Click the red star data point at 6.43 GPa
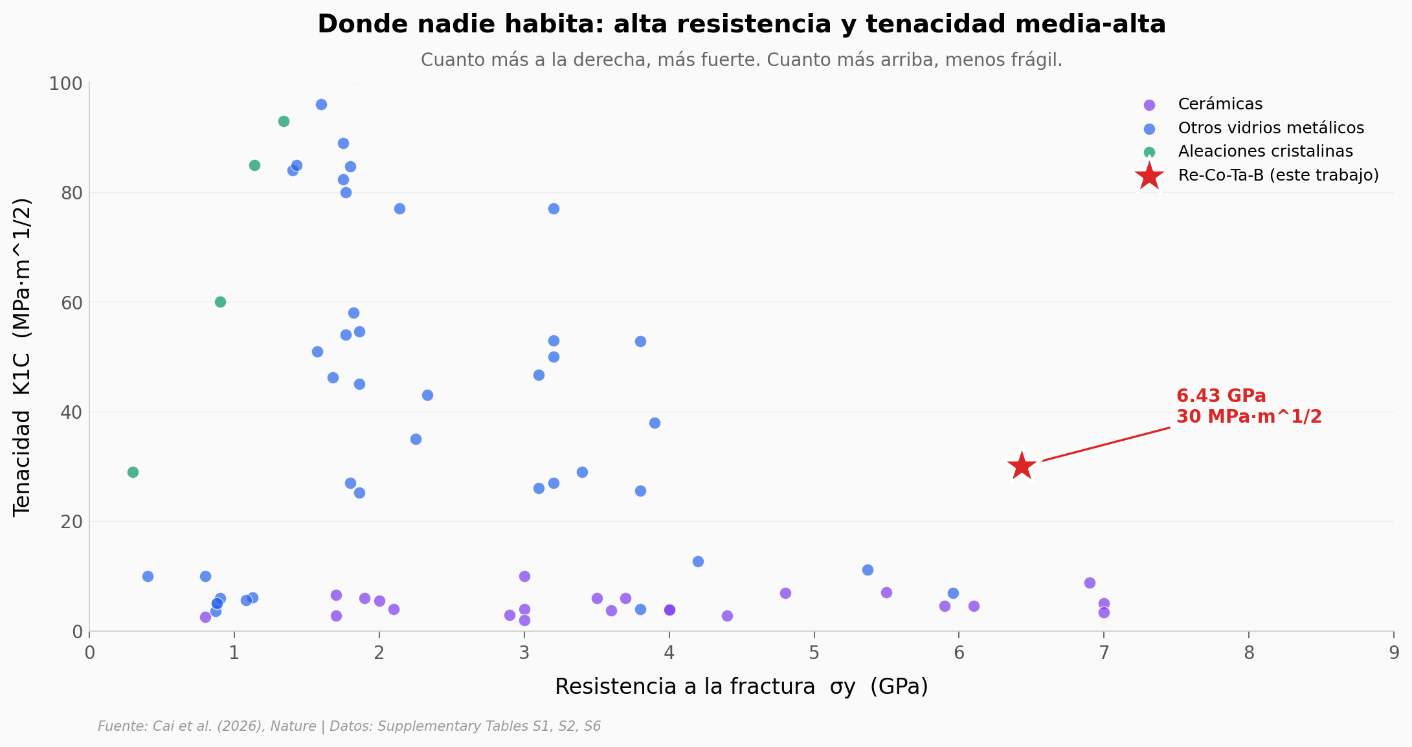(1022, 466)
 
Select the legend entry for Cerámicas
(1220, 104)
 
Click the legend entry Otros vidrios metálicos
(1270, 128)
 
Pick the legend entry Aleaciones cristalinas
(1265, 151)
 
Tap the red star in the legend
(1149, 176)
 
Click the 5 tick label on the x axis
(814, 653)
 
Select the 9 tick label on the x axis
(1393, 653)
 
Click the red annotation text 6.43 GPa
(1220, 396)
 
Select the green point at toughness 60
(220, 302)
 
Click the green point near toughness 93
(284, 122)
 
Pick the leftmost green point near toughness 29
(133, 473)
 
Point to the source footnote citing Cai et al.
(349, 726)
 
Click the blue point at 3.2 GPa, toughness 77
(554, 209)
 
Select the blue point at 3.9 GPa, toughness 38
(655, 423)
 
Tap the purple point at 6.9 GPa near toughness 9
(1090, 583)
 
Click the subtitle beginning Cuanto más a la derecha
(741, 60)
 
